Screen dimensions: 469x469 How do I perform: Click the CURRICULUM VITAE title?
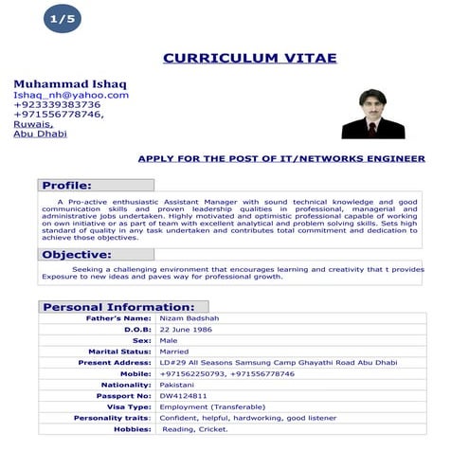click(249, 58)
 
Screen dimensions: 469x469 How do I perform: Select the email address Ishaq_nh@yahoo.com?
click(70, 95)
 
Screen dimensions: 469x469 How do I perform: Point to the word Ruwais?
click(32, 124)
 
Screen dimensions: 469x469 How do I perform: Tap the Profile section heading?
click(66, 185)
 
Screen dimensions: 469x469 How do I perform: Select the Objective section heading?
click(77, 255)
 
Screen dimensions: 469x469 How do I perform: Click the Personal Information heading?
click(118, 307)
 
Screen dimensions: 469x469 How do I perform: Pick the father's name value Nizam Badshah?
click(189, 318)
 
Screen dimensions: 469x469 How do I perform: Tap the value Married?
click(174, 352)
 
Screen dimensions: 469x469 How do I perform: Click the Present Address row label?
click(115, 363)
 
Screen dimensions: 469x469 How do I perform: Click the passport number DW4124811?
click(184, 396)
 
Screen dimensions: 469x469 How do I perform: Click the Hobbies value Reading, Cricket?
click(195, 429)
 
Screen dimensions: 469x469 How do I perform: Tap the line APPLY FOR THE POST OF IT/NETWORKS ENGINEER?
click(281, 158)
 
